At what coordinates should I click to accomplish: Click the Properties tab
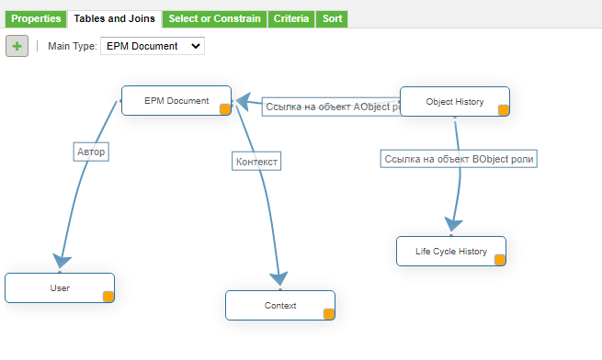(x=36, y=18)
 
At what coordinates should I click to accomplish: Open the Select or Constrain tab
(x=214, y=18)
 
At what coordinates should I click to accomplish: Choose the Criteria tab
(x=290, y=18)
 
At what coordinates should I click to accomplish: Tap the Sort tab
(x=332, y=18)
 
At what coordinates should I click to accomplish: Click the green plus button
(x=17, y=46)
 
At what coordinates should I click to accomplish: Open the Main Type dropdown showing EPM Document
(x=152, y=46)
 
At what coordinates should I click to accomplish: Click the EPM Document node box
(x=176, y=101)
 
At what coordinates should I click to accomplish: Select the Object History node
(x=454, y=102)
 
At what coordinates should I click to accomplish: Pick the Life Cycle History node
(x=450, y=251)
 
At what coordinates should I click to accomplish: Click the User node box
(x=59, y=287)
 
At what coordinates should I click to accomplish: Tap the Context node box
(x=279, y=305)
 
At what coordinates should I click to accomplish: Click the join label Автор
(x=92, y=152)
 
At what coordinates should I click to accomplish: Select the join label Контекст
(x=256, y=161)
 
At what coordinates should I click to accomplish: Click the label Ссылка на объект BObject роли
(x=459, y=159)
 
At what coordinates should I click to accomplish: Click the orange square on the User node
(x=108, y=296)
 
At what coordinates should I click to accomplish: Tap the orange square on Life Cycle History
(x=500, y=260)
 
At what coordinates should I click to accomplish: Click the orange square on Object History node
(x=503, y=110)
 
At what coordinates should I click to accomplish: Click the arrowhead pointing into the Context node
(x=279, y=278)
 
